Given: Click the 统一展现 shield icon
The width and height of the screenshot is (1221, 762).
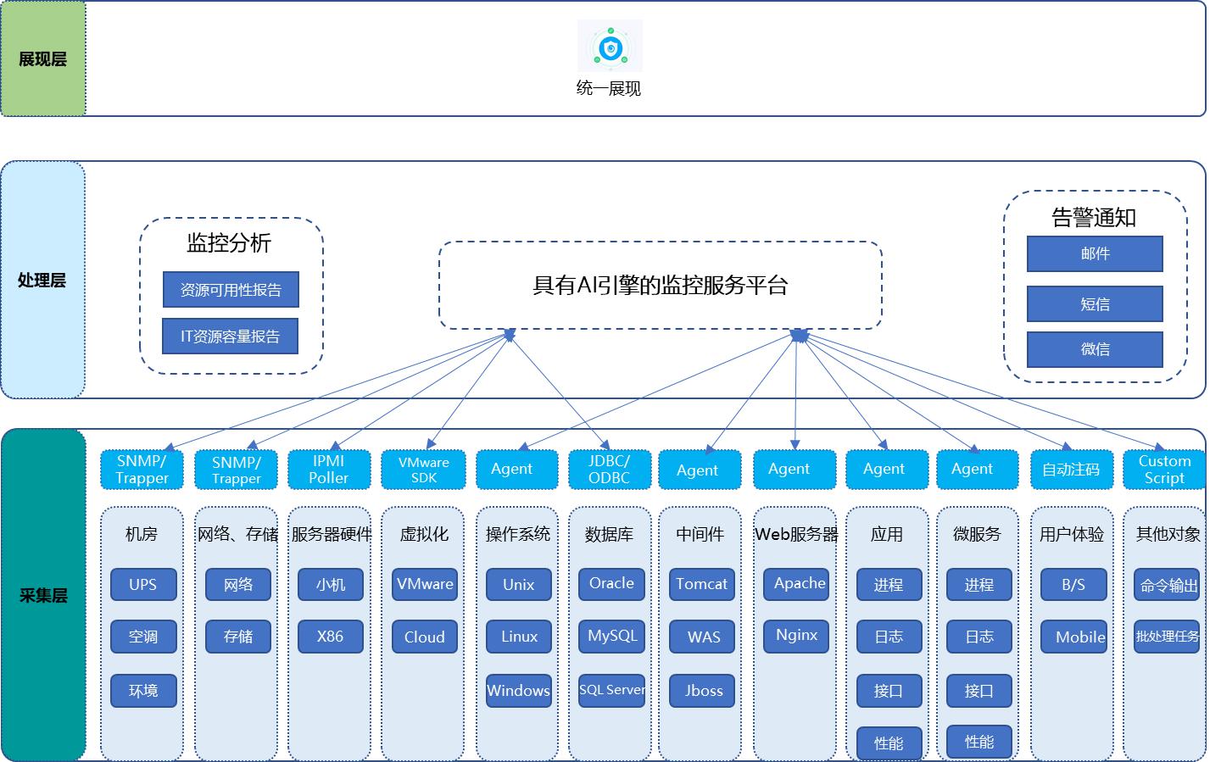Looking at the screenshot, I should [610, 47].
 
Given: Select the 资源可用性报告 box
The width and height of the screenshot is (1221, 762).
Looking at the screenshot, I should [231, 290].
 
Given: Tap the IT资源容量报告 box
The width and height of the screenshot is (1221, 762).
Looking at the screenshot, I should [230, 337].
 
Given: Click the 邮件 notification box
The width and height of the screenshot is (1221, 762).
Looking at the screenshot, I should [1095, 253].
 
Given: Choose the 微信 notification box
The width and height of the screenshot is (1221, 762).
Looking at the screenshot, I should [1095, 349].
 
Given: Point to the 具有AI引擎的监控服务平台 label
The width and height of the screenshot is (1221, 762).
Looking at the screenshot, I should [660, 286].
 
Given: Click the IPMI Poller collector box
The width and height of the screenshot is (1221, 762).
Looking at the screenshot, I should [329, 470].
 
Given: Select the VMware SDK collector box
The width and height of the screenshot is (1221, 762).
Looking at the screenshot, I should [424, 470].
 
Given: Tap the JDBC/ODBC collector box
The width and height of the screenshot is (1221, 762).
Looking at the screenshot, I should [610, 470].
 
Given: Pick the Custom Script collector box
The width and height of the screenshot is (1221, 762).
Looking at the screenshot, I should [1164, 470].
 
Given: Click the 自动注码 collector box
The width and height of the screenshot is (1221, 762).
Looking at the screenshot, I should [1071, 470].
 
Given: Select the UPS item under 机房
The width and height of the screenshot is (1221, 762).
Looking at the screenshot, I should [143, 584].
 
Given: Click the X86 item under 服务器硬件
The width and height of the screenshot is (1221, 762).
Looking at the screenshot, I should [331, 637].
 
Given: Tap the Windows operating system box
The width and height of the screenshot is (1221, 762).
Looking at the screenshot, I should [518, 691].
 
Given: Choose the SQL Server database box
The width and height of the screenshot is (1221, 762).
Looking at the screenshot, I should [611, 690].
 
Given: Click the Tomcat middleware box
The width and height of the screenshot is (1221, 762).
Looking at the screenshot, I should [702, 584].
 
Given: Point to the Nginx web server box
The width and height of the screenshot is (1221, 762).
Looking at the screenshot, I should [797, 636].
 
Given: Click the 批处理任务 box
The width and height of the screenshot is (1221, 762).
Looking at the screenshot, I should [1167, 637].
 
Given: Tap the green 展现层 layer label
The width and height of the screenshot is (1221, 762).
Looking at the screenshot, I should [43, 59].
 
